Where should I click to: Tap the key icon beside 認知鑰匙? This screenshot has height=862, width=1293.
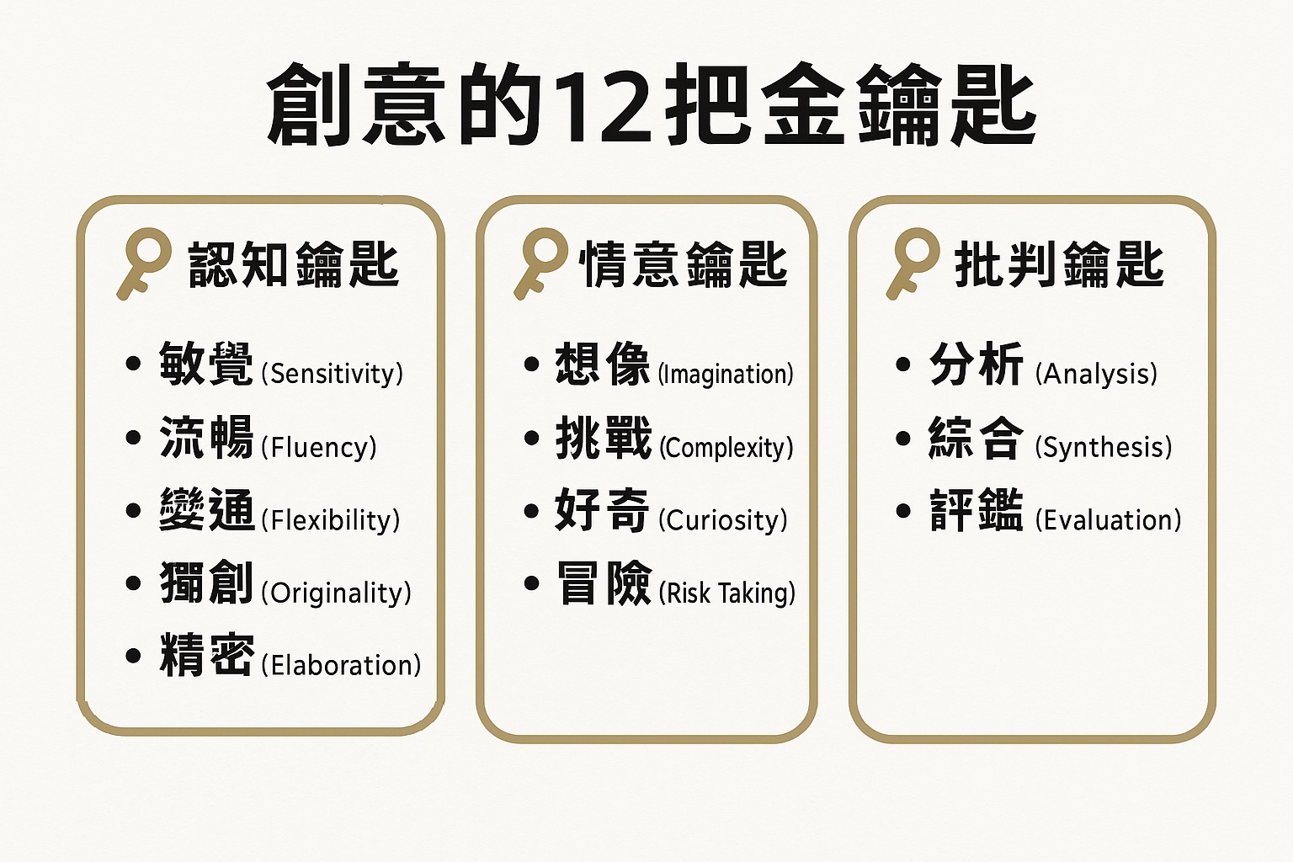(144, 263)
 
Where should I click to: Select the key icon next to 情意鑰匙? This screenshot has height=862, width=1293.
(541, 263)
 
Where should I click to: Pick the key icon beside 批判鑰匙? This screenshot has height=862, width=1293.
(913, 263)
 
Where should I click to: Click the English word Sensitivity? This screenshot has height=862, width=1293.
(332, 374)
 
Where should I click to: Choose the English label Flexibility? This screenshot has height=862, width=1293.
(331, 520)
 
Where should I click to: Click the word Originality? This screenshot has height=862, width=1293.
(337, 593)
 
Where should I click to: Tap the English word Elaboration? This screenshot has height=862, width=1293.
(342, 666)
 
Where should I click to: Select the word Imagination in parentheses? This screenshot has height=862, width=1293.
(726, 374)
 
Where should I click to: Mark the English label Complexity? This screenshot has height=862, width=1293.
(726, 448)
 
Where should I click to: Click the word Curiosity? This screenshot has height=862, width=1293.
(723, 520)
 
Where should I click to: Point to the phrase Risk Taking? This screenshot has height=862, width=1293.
(727, 593)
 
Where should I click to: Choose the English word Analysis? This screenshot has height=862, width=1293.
(1096, 374)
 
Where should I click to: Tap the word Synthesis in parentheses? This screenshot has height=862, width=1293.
(1104, 448)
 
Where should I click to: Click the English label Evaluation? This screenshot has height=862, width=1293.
(1109, 520)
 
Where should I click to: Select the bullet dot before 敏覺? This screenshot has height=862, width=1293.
(133, 364)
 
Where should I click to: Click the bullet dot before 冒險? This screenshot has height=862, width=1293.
(532, 583)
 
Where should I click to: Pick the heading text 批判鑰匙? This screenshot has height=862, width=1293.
(1059, 264)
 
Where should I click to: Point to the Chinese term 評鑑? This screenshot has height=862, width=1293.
(976, 510)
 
